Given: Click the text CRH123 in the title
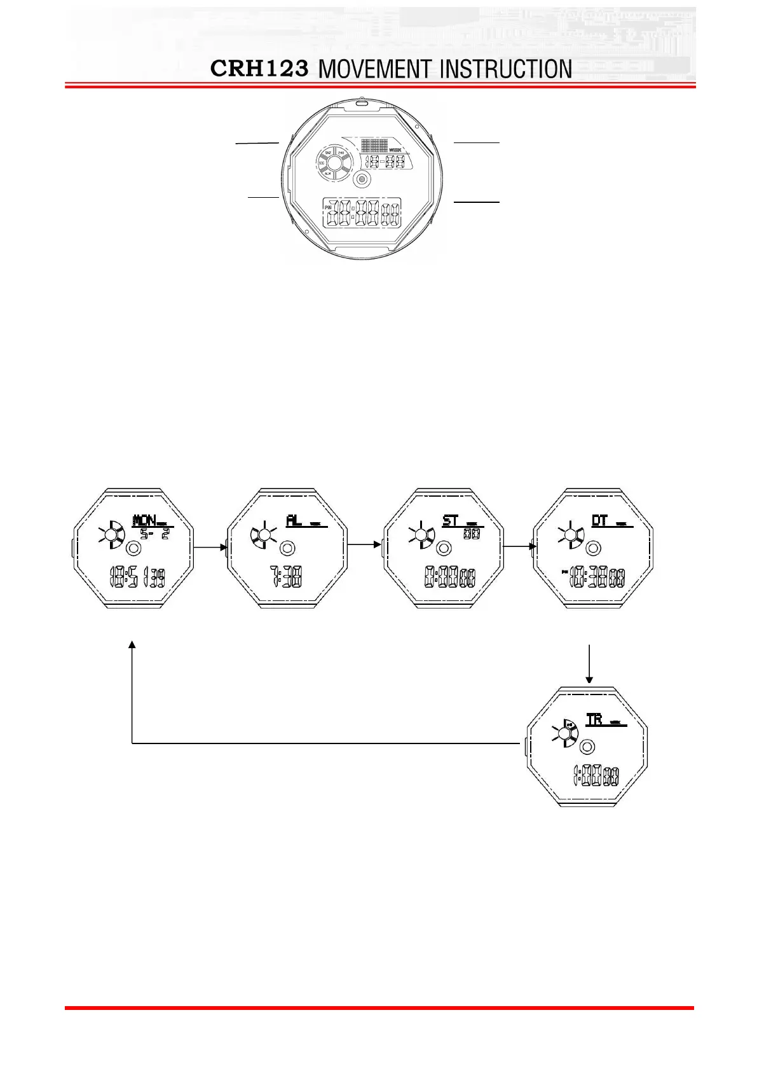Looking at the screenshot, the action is (259, 69).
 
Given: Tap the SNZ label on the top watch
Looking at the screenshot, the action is (329, 153).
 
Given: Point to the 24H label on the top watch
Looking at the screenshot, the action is (341, 153).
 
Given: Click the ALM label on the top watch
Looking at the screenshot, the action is (327, 174).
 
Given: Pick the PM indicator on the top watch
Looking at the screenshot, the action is (328, 207).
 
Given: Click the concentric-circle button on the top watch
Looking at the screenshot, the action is (362, 180).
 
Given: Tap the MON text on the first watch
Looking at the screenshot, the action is (145, 521).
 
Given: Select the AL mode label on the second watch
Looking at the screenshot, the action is (294, 521).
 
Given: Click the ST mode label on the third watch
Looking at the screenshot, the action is (450, 521).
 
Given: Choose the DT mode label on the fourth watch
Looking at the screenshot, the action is (599, 521).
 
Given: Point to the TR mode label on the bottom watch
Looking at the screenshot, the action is (594, 720).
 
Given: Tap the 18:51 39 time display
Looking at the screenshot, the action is (137, 577).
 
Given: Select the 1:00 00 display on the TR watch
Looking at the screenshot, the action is (596, 776).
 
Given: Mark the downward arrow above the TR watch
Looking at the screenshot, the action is (590, 664).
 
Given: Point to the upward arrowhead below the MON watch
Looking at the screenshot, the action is (132, 645).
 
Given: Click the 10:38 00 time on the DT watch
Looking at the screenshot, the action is (596, 577).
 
